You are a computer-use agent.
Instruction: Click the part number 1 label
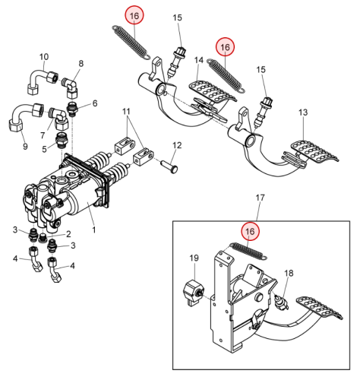(94, 230)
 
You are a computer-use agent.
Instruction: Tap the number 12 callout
(177, 145)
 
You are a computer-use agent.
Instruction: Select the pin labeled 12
(170, 168)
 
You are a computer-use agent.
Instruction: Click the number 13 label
(303, 112)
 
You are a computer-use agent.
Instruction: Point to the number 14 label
(199, 60)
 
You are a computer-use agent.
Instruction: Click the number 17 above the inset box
(261, 198)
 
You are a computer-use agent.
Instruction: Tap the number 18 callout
(289, 273)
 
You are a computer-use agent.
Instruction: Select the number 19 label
(194, 258)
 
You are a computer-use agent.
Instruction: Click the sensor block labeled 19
(193, 292)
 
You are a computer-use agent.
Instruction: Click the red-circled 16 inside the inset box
(250, 231)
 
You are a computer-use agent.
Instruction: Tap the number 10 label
(44, 57)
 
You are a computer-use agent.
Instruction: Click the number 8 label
(81, 64)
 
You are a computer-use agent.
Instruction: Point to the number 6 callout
(95, 103)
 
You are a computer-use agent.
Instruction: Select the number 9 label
(25, 146)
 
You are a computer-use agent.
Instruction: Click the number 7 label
(43, 135)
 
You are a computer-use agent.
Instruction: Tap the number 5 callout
(44, 149)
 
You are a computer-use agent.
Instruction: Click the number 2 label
(68, 234)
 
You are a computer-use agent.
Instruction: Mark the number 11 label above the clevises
(126, 111)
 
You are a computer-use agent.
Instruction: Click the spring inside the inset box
(248, 251)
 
